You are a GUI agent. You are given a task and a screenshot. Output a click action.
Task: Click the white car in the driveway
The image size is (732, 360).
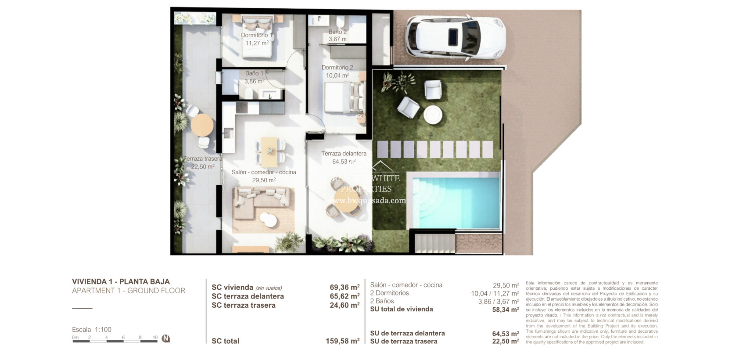click(455, 37)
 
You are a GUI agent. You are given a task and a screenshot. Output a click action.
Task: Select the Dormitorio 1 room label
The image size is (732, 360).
click(257, 35)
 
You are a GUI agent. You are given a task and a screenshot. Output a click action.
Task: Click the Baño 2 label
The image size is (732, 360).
click(337, 32)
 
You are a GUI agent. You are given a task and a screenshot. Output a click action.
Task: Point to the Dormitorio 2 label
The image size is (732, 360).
click(337, 68)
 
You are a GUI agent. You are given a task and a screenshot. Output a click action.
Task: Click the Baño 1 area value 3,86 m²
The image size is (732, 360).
click(254, 81)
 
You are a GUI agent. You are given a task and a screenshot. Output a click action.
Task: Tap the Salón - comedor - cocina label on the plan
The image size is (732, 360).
click(264, 172)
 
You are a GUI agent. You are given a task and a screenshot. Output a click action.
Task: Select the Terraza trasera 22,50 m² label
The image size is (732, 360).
click(203, 163)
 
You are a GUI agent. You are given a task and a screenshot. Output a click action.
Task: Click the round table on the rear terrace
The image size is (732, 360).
click(202, 125)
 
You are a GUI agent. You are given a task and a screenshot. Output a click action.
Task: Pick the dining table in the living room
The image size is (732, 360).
click(269, 146)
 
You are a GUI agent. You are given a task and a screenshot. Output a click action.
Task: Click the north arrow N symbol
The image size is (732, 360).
click(166, 338)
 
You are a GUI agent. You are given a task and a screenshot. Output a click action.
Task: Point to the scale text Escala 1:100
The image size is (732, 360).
click(92, 330)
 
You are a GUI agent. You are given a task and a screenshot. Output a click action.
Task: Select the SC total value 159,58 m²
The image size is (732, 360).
click(342, 341)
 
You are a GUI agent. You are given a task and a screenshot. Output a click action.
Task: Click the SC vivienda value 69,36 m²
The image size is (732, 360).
click(344, 288)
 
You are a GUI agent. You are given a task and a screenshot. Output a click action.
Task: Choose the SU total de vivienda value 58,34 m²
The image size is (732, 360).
click(505, 310)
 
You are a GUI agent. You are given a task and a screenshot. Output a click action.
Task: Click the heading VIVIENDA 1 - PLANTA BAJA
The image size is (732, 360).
click(121, 281)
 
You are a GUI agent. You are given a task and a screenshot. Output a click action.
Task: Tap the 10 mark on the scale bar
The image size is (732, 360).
click(155, 338)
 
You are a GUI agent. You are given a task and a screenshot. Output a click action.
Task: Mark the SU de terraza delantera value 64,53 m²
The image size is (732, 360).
click(505, 334)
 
